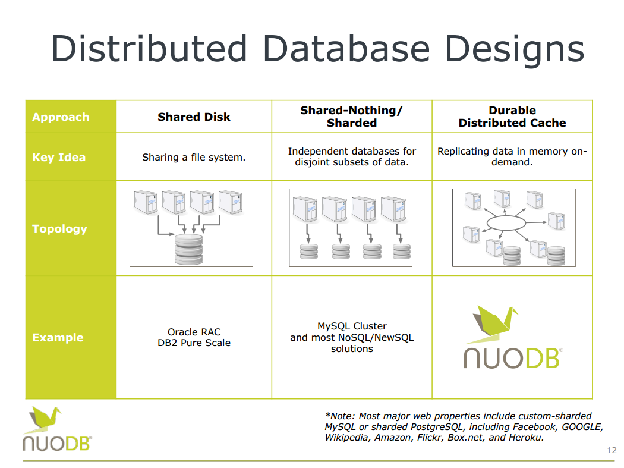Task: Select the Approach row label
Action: click(x=61, y=117)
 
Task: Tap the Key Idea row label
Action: click(x=59, y=158)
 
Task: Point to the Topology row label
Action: click(x=59, y=229)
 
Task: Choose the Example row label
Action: click(x=58, y=338)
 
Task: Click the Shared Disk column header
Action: click(x=194, y=117)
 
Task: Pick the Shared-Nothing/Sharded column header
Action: click(x=352, y=117)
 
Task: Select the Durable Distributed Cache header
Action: click(x=512, y=117)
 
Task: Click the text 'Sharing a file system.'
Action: click(x=194, y=158)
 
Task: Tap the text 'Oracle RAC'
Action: click(x=194, y=332)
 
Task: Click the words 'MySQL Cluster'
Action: click(x=352, y=326)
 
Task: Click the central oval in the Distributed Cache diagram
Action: click(x=506, y=222)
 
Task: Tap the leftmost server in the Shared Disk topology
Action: click(x=146, y=202)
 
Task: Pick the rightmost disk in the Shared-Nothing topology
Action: click(x=401, y=251)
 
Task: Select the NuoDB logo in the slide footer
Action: click(x=57, y=429)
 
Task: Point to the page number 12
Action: click(x=611, y=450)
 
